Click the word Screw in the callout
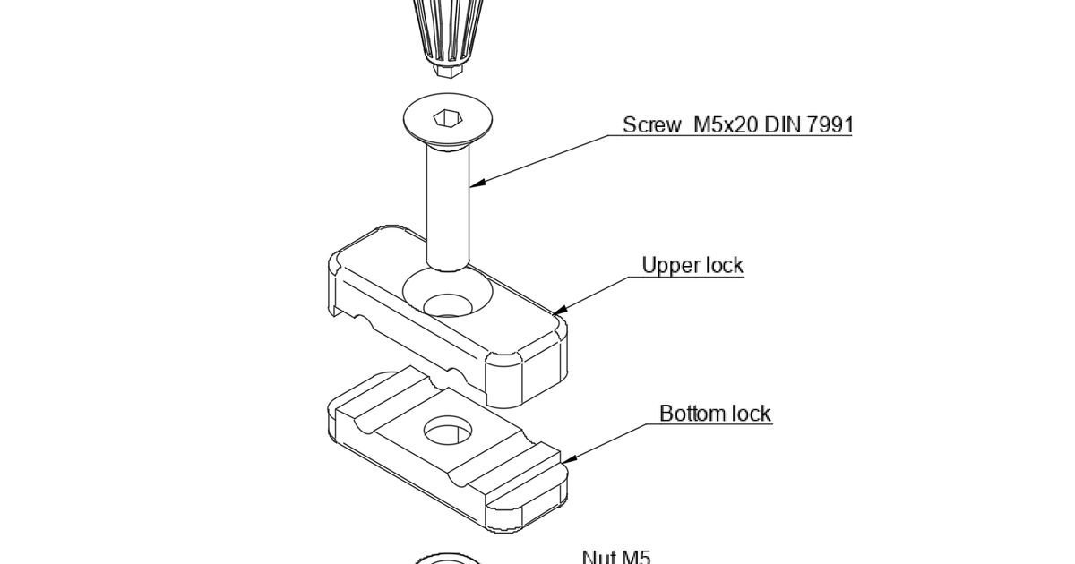click(651, 124)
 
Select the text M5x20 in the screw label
click(727, 124)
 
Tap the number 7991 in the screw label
click(830, 124)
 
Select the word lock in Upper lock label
click(725, 266)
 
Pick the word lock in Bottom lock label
click(752, 414)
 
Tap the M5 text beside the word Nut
click(635, 558)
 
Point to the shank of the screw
click(447, 206)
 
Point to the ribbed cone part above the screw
click(447, 31)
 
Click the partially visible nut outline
click(447, 560)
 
